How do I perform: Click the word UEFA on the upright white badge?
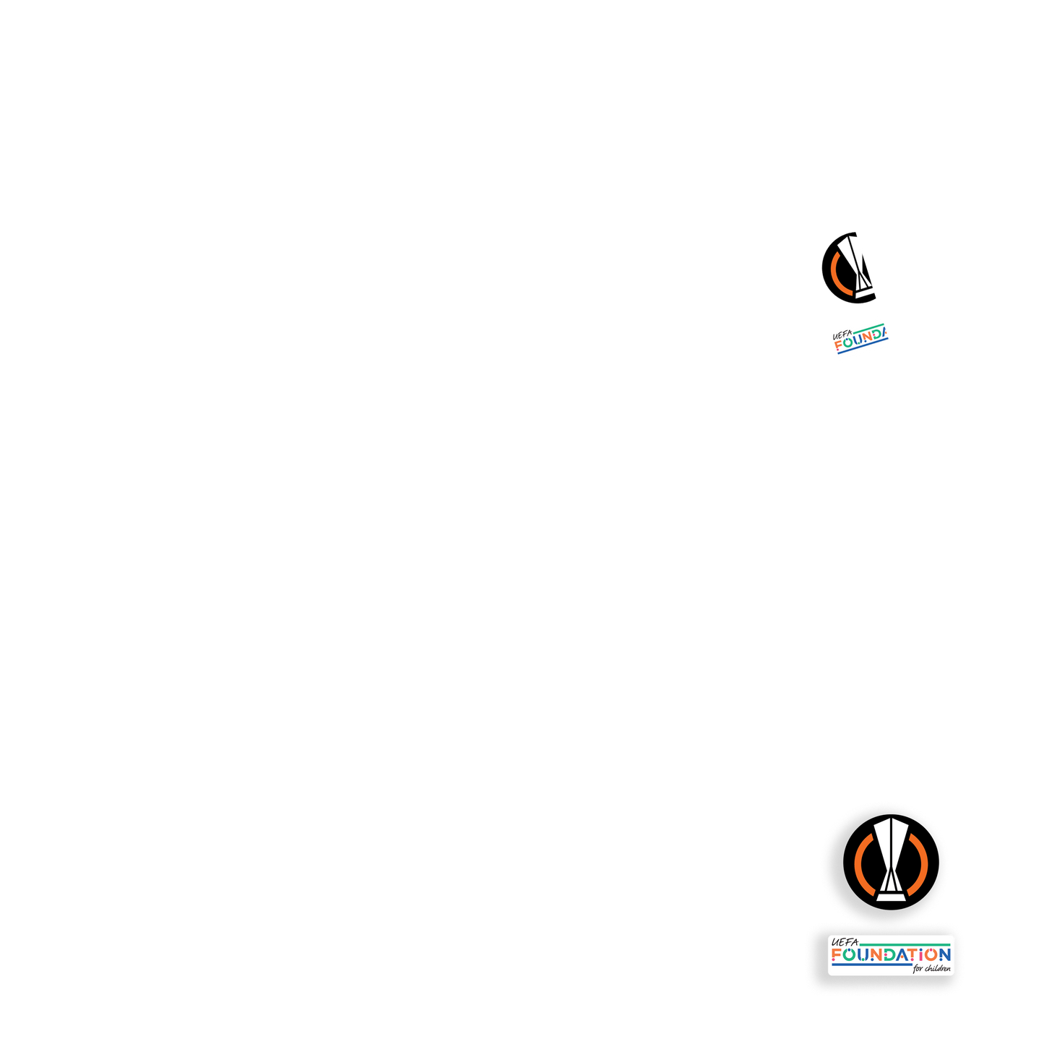pyautogui.click(x=844, y=942)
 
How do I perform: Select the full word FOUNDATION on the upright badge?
pyautogui.click(x=891, y=955)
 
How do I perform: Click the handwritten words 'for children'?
pyautogui.click(x=931, y=969)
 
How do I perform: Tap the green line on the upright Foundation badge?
pyautogui.click(x=903, y=944)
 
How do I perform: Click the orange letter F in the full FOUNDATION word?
pyautogui.click(x=837, y=955)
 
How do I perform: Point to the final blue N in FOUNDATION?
pyautogui.click(x=943, y=955)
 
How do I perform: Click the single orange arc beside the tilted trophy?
pyautogui.click(x=835, y=273)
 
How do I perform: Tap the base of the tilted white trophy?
pyautogui.click(x=865, y=293)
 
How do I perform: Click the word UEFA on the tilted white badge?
pyautogui.click(x=842, y=335)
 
